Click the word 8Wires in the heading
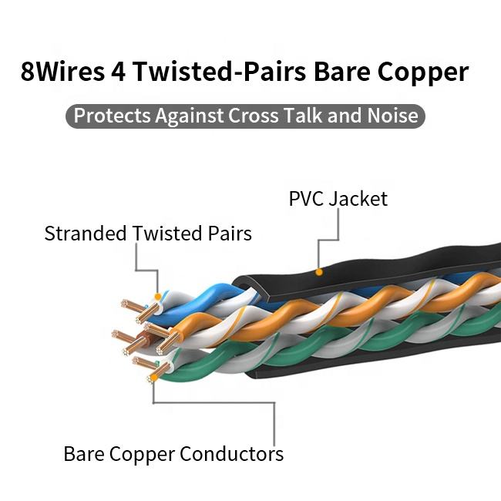point(64,72)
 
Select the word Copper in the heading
point(423,72)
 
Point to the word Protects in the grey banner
point(111,116)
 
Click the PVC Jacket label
point(338,199)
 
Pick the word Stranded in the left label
point(86,234)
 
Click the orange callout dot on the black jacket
point(319,271)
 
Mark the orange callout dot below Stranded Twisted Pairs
point(157,296)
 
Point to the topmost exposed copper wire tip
point(126,304)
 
